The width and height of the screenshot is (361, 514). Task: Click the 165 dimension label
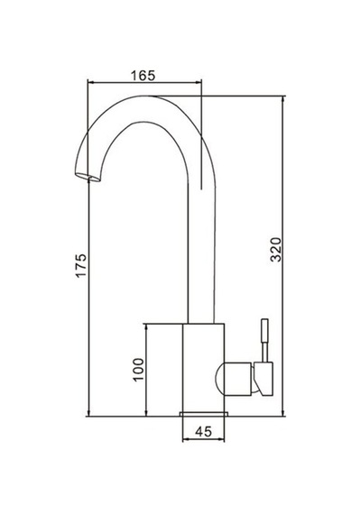pyautogui.click(x=143, y=76)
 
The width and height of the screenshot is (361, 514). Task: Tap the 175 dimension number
pyautogui.click(x=81, y=265)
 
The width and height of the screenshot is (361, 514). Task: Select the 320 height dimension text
pyautogui.click(x=275, y=250)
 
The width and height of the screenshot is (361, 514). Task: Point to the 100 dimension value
pyautogui.click(x=138, y=370)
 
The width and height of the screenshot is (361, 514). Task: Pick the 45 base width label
pyautogui.click(x=203, y=431)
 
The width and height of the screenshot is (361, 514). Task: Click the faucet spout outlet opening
pyautogui.click(x=88, y=177)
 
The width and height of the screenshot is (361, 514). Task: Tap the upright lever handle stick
pyautogui.click(x=264, y=340)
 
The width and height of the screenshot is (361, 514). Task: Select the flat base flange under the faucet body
pyautogui.click(x=204, y=414)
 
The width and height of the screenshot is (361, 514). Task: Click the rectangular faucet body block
pyautogui.click(x=203, y=367)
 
